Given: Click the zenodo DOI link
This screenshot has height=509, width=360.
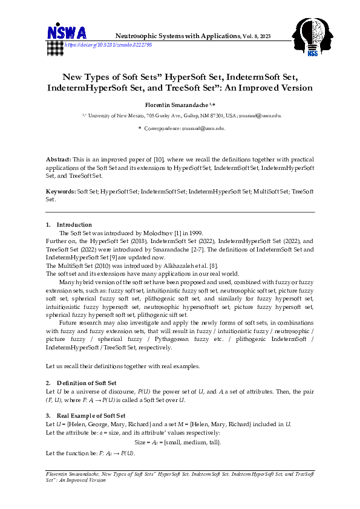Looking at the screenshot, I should coord(108,45).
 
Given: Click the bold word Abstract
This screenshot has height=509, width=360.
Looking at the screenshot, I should coord(58,159).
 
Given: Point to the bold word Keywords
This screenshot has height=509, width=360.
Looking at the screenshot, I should coord(61,192).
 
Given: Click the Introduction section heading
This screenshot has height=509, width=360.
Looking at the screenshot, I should coord(74,224).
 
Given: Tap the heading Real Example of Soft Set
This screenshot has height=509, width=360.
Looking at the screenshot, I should coord(91,416).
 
